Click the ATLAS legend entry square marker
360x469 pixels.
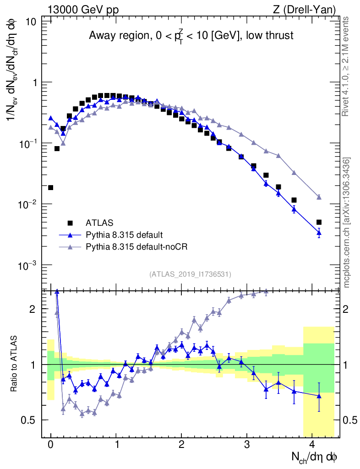click(70, 223)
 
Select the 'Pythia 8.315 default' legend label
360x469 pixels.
click(124, 235)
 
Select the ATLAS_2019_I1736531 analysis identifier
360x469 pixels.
click(190, 274)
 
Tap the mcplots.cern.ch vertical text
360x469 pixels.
click(347, 223)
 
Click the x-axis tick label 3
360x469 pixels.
click(247, 444)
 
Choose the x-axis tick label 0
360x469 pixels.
click(50, 444)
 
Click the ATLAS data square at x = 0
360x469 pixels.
click(50, 187)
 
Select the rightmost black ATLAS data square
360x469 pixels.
click(319, 222)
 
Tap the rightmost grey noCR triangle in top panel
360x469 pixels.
click(319, 197)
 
